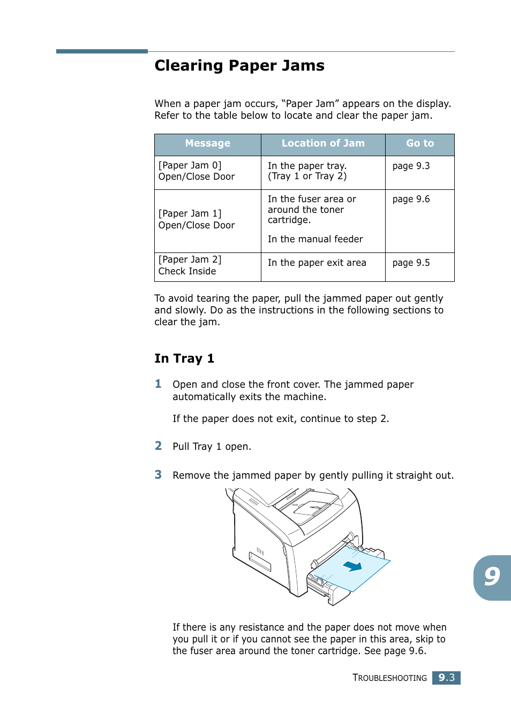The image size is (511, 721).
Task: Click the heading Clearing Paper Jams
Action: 239,66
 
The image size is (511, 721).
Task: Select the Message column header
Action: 207,143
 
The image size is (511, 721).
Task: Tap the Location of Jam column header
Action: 323,143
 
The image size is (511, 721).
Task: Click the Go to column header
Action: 419,143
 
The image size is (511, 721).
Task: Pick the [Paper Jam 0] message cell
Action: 197,171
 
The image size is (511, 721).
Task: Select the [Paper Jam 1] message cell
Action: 197,219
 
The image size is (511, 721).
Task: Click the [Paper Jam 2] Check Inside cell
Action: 190,265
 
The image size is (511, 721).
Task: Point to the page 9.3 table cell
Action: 411,166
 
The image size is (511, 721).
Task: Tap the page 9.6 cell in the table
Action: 411,199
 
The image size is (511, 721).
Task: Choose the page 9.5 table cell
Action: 411,263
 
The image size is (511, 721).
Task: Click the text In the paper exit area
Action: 317,263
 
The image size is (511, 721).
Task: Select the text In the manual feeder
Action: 315,239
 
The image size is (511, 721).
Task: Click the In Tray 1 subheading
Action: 184,358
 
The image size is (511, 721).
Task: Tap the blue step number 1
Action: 158,384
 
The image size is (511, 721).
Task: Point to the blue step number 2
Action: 158,446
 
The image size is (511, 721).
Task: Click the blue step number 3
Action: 158,475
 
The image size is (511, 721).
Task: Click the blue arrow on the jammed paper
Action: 352,566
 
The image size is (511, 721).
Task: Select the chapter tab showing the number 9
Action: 492,577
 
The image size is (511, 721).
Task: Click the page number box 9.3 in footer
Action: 446,678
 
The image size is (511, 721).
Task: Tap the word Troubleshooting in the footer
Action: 389,678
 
